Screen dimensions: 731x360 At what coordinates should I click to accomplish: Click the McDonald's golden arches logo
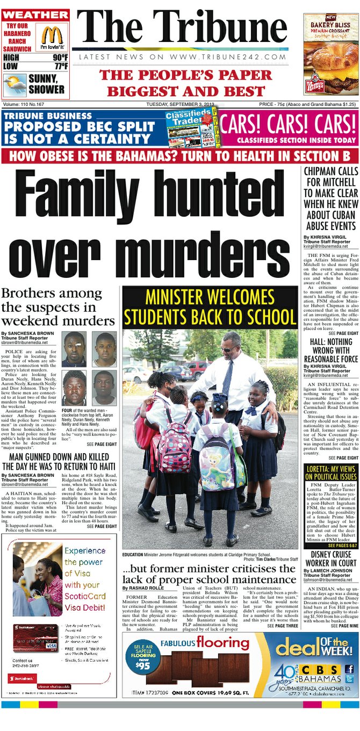click(x=53, y=36)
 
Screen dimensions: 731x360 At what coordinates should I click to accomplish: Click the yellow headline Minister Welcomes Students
click(x=210, y=307)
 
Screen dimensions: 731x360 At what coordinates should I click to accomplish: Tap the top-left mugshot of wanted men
click(x=74, y=349)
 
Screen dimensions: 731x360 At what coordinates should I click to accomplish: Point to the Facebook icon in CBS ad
click(x=349, y=669)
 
